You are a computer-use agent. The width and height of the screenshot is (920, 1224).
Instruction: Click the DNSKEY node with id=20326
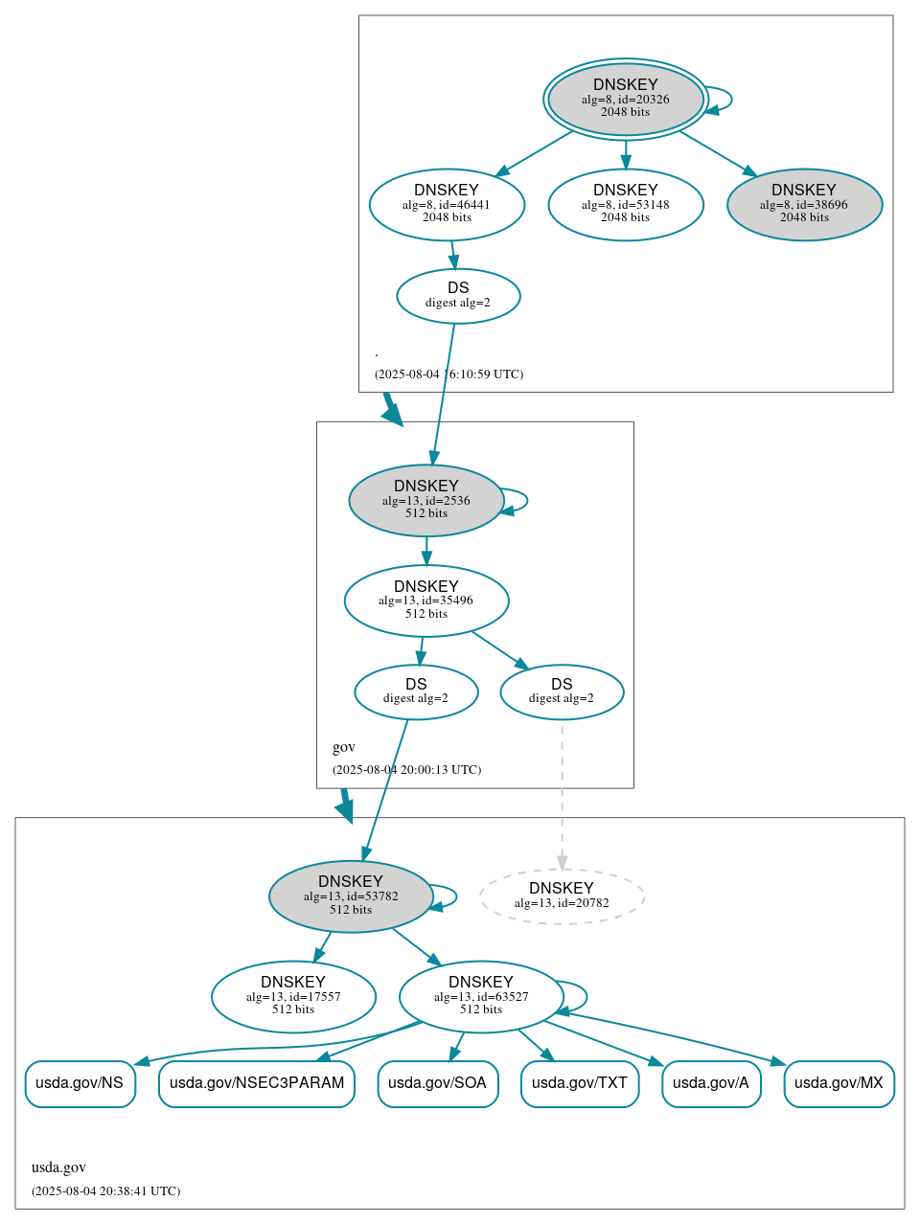(625, 99)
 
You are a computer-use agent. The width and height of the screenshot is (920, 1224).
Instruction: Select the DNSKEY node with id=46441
(447, 204)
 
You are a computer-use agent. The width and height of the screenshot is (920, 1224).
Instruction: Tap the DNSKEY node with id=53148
(625, 204)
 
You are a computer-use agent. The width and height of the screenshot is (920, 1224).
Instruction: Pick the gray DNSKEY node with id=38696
(804, 204)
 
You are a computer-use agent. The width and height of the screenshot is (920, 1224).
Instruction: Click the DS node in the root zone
(458, 296)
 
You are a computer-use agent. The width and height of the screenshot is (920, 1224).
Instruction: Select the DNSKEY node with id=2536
(425, 500)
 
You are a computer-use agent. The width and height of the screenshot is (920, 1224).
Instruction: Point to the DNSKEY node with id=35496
(425, 601)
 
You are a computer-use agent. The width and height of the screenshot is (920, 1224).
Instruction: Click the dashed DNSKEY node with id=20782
(562, 896)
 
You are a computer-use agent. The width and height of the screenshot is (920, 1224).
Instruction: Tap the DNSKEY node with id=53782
(351, 896)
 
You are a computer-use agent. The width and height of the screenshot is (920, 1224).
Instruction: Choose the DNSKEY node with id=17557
(293, 997)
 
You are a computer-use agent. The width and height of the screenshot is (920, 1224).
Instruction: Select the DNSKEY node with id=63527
(481, 997)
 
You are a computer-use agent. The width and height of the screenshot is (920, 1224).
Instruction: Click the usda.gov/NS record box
(80, 1083)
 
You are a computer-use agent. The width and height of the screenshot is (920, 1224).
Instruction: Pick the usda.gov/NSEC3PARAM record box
(257, 1083)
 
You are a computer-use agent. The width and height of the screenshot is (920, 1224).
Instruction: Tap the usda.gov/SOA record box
(438, 1083)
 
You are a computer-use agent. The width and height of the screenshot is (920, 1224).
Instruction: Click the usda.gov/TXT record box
(580, 1083)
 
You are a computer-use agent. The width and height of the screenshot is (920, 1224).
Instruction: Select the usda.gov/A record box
(711, 1083)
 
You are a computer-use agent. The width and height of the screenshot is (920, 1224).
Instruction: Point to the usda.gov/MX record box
(839, 1083)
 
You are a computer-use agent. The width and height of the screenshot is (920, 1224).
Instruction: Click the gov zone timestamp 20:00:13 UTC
(406, 770)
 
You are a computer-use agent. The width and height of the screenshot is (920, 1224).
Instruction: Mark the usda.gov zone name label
(58, 1167)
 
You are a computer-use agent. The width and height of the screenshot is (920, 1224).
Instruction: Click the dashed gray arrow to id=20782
(562, 795)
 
